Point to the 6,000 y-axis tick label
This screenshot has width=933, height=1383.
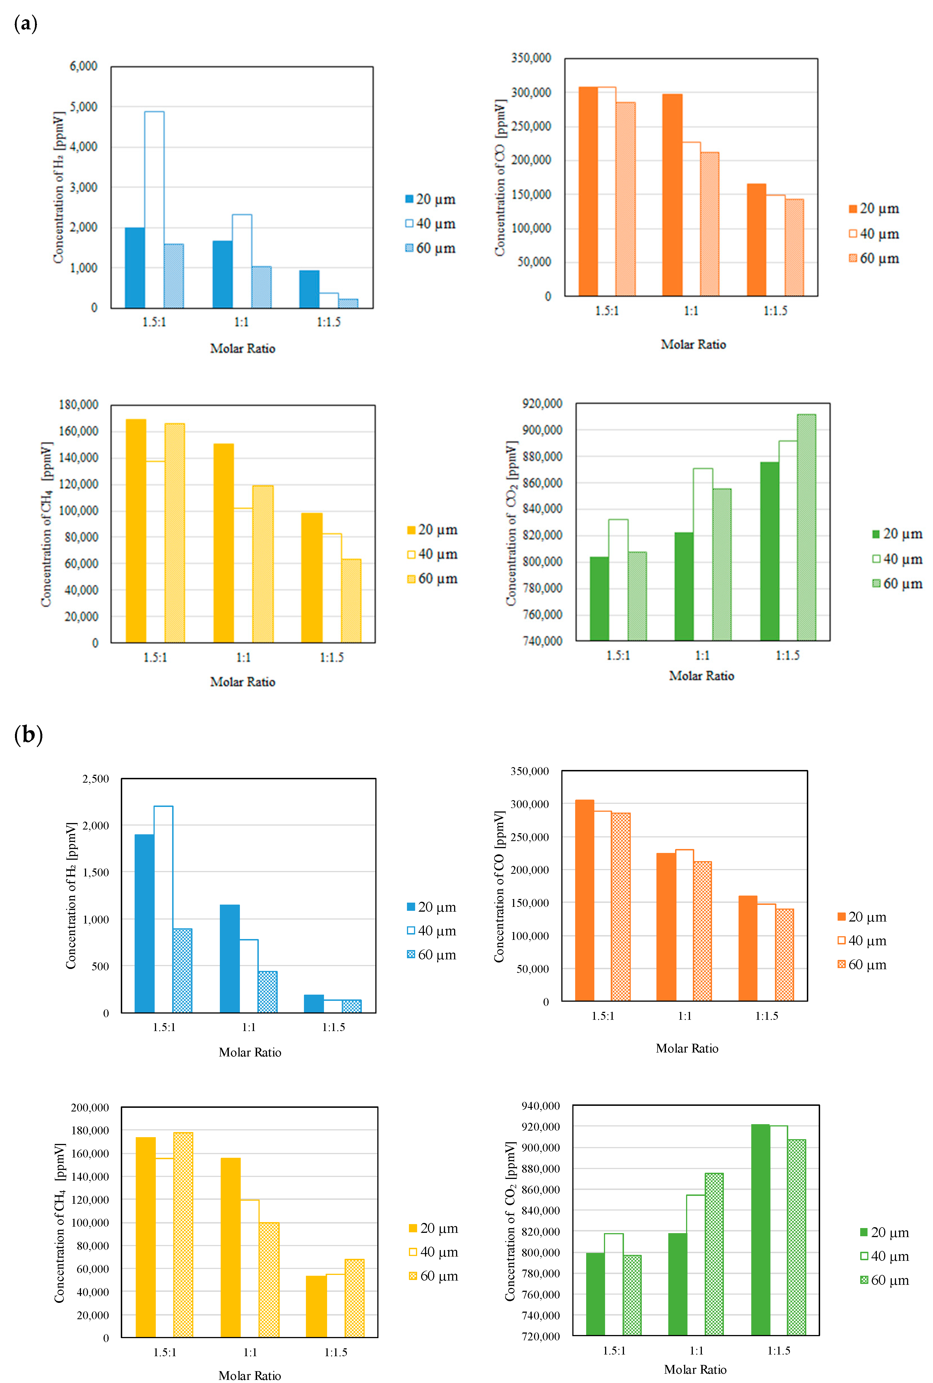point(83,66)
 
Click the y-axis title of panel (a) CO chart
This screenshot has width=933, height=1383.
point(500,177)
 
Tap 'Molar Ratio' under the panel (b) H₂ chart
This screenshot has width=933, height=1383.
point(250,1052)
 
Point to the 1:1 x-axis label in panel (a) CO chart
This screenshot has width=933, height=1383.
point(691,311)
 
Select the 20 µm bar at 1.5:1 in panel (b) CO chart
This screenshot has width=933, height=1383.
point(584,900)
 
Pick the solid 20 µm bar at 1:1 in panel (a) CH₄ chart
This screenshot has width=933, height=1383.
point(224,543)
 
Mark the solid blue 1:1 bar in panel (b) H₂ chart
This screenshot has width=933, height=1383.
point(230,958)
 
